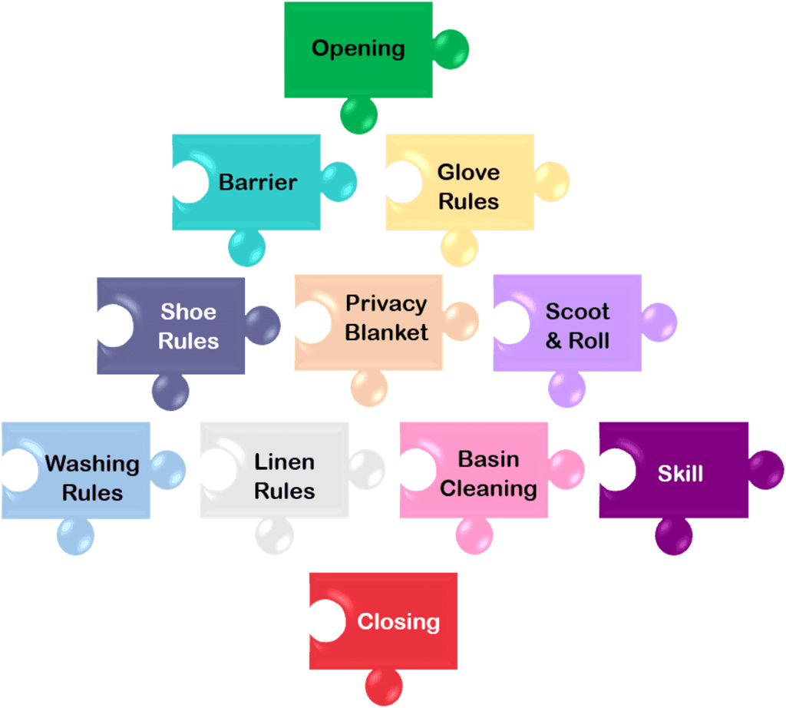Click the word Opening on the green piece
coord(358,48)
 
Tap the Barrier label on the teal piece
coord(258,182)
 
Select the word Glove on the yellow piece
coord(468,172)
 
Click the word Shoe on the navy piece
coord(188,312)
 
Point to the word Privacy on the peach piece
coord(386,303)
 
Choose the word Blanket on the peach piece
coord(386,332)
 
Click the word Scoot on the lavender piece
coord(577,312)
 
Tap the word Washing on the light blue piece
coord(92,464)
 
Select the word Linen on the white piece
coord(284,462)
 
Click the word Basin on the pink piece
coord(488,459)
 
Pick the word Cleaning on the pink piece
coord(488,488)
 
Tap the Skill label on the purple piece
coord(680,473)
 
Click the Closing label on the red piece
coord(398,621)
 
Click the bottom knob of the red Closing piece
coord(384,686)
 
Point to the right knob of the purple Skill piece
coord(765,469)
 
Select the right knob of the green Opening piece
coord(451,49)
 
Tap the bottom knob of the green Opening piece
coord(358,116)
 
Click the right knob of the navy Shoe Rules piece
coord(263,325)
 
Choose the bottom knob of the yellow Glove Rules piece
coord(459,248)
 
